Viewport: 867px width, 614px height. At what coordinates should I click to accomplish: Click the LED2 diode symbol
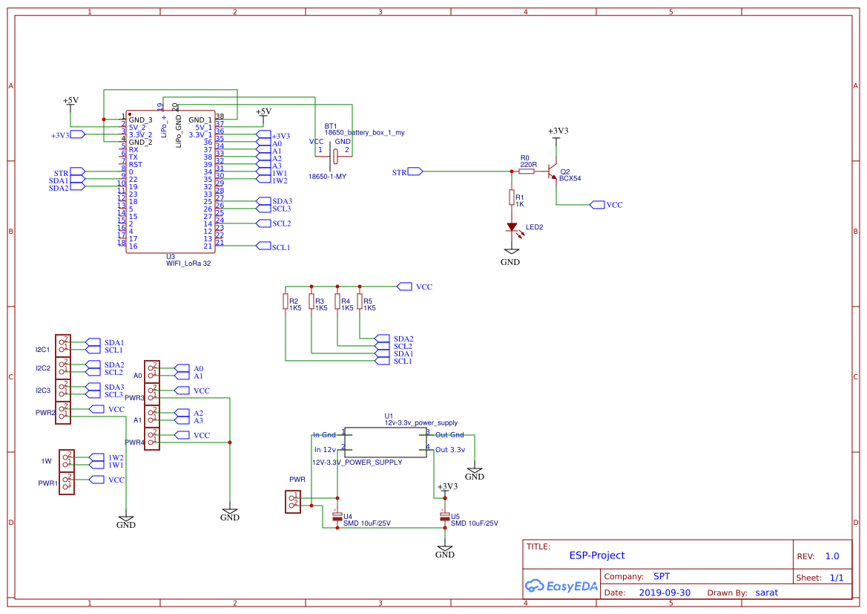(511, 226)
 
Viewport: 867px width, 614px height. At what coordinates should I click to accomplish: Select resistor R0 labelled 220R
(527, 172)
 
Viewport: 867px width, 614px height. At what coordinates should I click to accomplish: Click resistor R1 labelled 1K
(511, 197)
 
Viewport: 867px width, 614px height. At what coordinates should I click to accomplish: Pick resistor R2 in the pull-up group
(286, 301)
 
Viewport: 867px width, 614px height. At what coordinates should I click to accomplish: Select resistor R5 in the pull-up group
(360, 301)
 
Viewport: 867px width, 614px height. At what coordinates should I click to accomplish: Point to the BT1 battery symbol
(334, 155)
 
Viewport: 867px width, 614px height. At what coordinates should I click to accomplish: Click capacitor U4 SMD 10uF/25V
(337, 515)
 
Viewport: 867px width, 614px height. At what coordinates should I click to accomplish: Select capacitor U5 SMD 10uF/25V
(445, 515)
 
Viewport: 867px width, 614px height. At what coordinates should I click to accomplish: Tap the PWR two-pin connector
(292, 501)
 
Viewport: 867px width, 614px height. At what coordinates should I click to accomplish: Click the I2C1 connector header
(64, 345)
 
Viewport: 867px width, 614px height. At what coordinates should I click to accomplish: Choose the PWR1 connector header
(67, 483)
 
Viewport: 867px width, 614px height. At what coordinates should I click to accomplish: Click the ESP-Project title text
(596, 555)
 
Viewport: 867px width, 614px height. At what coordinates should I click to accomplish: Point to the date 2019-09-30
(664, 592)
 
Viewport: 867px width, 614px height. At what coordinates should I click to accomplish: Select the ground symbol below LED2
(510, 257)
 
